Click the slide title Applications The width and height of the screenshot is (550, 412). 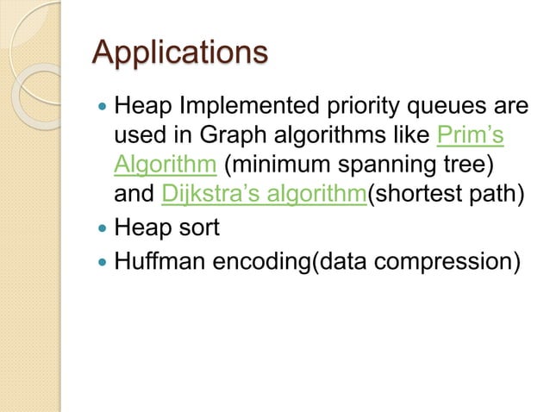click(179, 53)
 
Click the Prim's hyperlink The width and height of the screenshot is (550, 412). click(471, 136)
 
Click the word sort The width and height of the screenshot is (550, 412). click(196, 228)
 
